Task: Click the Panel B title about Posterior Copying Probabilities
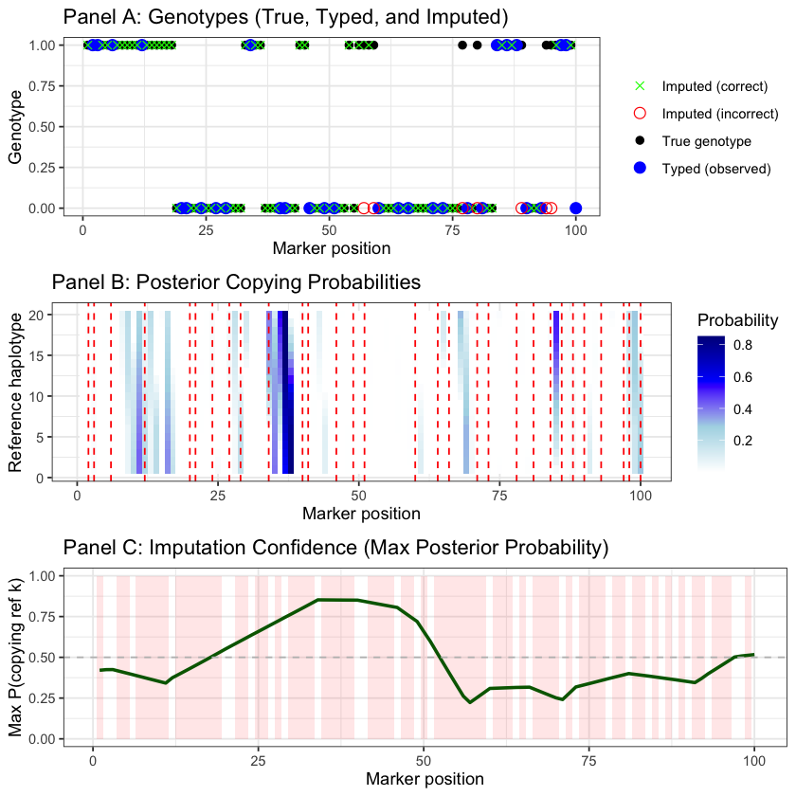[236, 281]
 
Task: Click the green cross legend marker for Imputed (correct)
[639, 86]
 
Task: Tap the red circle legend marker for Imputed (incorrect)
[639, 114]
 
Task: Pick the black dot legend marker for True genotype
[639, 141]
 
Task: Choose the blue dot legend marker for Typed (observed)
[639, 168]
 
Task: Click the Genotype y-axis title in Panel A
[15, 127]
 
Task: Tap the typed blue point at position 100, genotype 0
[575, 208]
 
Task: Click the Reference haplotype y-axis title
[15, 391]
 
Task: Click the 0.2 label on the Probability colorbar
[742, 441]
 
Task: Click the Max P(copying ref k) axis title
[15, 657]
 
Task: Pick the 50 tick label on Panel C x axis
[423, 761]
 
